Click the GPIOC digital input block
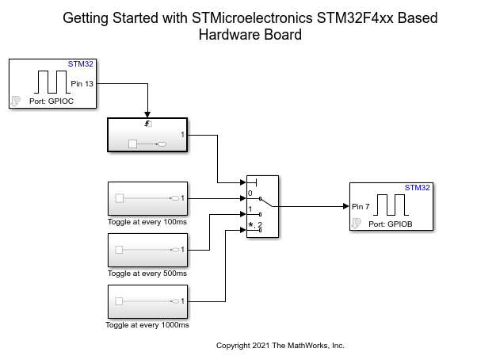tap(53, 83)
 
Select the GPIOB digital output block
tap(391, 206)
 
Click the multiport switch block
tap(260, 207)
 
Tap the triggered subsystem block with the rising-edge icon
tap(147, 134)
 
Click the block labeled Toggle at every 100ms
tap(147, 198)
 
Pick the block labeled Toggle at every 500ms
tap(147, 250)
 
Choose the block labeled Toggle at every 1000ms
tap(147, 301)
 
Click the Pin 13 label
tap(82, 83)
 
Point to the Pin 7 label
tap(363, 206)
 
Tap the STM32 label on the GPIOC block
tap(80, 63)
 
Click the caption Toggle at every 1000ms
tap(147, 325)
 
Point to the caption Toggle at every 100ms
tap(147, 221)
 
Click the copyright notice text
tap(280, 346)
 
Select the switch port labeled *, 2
tap(254, 227)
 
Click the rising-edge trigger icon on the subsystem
tap(147, 124)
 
